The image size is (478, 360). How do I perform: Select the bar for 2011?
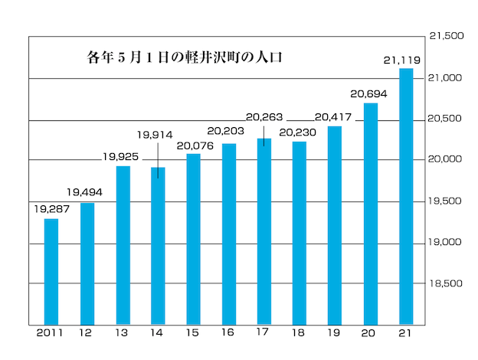pyautogui.click(x=51, y=271)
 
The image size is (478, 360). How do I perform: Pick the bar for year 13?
pyautogui.click(x=123, y=245)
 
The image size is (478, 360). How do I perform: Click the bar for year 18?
pyautogui.click(x=300, y=233)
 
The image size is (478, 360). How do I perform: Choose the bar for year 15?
pyautogui.click(x=194, y=239)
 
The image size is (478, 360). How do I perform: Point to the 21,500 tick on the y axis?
pyautogui.click(x=447, y=36)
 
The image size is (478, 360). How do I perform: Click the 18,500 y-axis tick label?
pyautogui.click(x=447, y=283)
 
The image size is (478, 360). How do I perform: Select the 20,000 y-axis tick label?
pyautogui.click(x=447, y=159)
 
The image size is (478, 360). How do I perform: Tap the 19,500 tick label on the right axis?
pyautogui.click(x=447, y=201)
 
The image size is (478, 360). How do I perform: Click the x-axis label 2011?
pyautogui.click(x=51, y=334)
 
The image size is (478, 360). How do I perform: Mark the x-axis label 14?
pyautogui.click(x=158, y=334)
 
